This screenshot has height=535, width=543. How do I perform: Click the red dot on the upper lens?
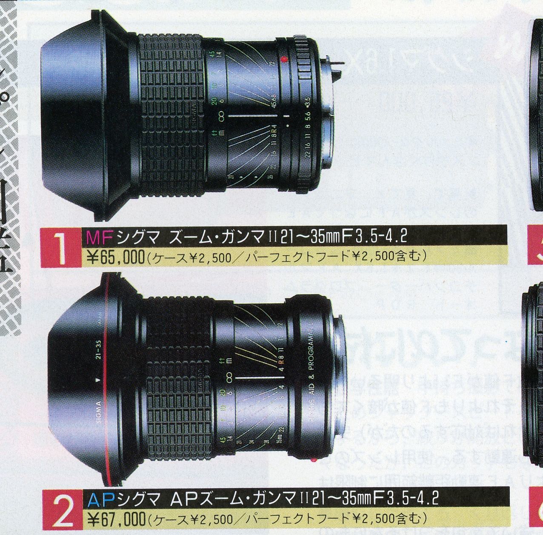[x=284, y=60]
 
